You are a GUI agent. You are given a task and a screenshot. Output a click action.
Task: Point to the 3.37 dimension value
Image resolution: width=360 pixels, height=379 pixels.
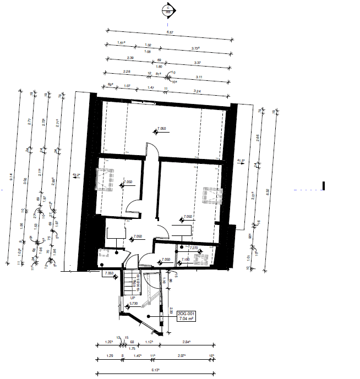pos(198,63)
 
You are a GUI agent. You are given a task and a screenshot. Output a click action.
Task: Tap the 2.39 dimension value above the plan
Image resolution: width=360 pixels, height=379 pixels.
pos(130,58)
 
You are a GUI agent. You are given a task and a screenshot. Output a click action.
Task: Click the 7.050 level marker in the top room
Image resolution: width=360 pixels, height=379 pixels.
pos(162,128)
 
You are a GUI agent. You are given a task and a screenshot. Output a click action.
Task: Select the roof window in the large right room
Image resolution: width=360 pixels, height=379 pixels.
pos(211,195)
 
